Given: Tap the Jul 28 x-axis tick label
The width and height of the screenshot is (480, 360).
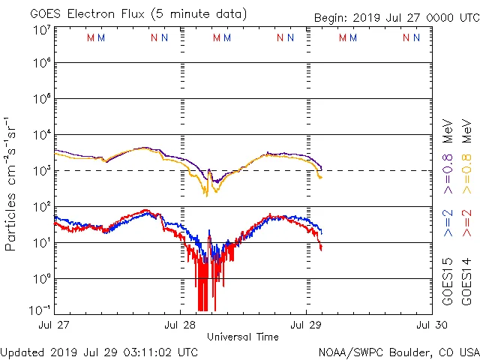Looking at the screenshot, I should tap(181, 325).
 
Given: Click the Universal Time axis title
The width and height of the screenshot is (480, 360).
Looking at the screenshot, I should tap(243, 337).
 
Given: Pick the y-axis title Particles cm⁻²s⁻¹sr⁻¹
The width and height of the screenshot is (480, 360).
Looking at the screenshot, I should tap(10, 184).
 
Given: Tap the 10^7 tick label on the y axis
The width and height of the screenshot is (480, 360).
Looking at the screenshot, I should tap(41, 30).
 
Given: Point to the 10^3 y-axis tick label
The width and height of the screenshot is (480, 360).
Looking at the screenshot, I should tap(41, 171).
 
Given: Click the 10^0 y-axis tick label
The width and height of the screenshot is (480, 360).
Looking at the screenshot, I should tap(41, 278).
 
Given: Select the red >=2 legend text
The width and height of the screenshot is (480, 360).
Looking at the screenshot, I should tap(466, 219).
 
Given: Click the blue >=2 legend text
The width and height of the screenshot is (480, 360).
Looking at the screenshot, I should tap(448, 219).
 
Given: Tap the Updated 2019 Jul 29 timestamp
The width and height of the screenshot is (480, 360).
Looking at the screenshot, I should tap(100, 352).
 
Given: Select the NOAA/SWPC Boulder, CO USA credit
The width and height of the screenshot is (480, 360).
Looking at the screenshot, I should tap(398, 352).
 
